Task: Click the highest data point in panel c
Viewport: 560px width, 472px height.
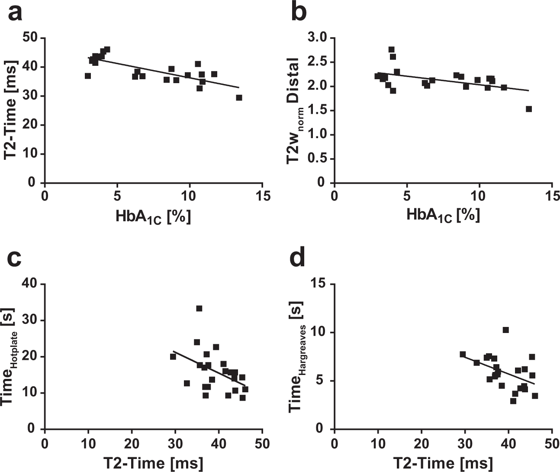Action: (199, 308)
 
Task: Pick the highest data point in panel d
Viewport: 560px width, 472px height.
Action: (505, 330)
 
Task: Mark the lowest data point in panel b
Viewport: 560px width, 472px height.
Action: (528, 109)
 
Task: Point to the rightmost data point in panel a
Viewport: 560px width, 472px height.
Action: (239, 98)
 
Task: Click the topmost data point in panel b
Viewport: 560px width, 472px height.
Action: (391, 49)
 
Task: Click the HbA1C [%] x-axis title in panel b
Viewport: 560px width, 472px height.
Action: (443, 215)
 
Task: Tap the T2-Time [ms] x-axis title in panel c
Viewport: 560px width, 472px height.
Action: (153, 462)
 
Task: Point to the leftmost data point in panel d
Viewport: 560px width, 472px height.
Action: (463, 354)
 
